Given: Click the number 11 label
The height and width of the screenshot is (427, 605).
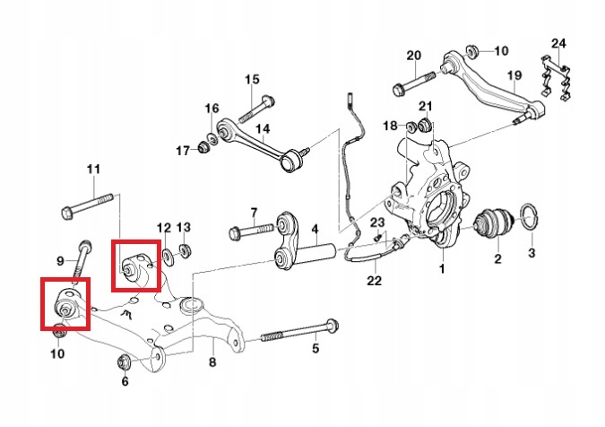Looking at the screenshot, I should (x=94, y=170).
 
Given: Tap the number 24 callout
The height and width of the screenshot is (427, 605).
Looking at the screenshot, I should (x=558, y=43).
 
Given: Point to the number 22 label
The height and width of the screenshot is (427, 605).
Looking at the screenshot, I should (x=374, y=281).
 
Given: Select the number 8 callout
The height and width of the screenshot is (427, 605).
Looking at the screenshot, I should (x=212, y=362).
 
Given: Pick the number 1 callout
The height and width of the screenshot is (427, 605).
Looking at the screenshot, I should (x=441, y=268).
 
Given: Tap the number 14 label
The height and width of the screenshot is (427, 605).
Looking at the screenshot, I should (x=263, y=129).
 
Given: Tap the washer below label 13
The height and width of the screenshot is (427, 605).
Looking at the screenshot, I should (x=186, y=248).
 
